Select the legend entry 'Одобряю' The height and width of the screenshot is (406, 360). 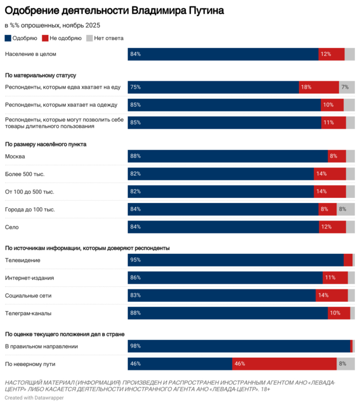tap(21, 38)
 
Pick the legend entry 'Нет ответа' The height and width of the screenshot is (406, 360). tap(105, 38)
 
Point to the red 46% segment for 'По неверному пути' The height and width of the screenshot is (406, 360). tap(284, 349)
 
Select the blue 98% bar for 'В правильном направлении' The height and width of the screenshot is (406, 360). tap(239, 332)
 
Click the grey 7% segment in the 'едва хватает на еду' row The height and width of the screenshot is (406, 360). tap(347, 87)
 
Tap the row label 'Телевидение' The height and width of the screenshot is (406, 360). tap(22, 261)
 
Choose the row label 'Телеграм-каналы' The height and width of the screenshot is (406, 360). tap(28, 313)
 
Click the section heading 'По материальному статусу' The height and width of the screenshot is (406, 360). tap(40, 76)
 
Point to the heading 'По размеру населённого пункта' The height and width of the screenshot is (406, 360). tap(45, 144)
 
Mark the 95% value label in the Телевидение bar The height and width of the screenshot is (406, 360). tap(136, 261)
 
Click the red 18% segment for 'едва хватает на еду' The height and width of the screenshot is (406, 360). tap(319, 87)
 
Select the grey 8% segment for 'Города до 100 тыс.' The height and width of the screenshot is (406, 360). tap(346, 209)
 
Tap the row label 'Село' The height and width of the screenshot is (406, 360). tap(12, 227)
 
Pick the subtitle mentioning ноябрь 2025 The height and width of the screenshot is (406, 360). tap(52, 25)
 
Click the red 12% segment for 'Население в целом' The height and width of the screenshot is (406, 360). tap(331, 54)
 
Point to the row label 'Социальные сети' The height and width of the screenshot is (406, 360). tap(28, 296)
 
